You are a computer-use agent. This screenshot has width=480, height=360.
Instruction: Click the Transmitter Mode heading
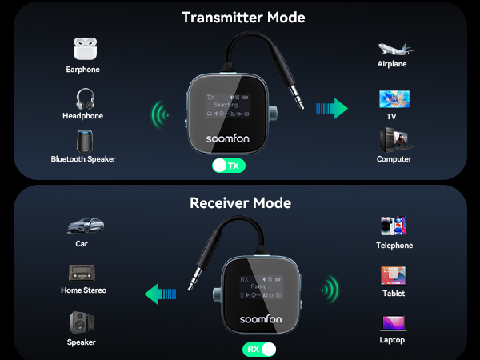pos(243,17)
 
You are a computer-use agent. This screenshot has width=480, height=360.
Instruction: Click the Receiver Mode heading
pos(240,203)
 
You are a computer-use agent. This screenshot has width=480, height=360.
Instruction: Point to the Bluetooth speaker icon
pos(84,141)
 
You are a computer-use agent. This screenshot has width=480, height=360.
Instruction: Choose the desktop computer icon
pos(394,141)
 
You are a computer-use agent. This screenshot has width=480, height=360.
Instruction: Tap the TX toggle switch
pos(228,166)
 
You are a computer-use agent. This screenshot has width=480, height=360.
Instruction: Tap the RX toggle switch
pos(258,349)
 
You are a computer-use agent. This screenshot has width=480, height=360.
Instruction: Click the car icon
pos(82,226)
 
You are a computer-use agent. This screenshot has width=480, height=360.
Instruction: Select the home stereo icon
pos(82,274)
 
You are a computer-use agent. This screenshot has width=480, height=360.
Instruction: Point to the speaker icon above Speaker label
pos(82,322)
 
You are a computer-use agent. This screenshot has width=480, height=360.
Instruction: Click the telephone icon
pos(394,226)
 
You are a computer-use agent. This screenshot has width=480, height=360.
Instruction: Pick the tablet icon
pos(394,275)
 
